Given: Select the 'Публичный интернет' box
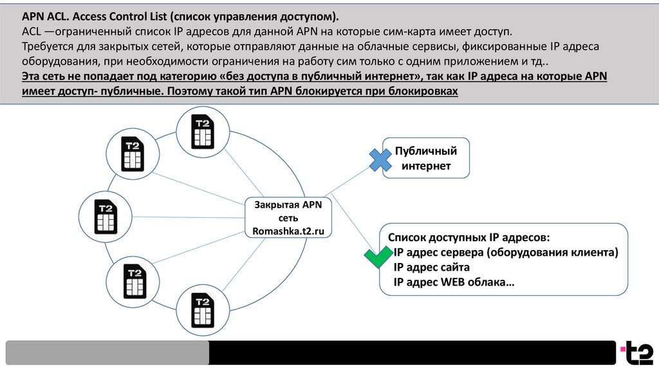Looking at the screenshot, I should tap(426, 159).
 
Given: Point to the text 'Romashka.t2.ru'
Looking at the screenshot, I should tap(288, 231).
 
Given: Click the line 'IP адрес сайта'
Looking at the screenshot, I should tap(431, 267).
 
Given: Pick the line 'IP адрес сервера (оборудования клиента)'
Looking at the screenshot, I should tap(505, 252).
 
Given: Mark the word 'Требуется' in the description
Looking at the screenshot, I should tap(47, 46).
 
